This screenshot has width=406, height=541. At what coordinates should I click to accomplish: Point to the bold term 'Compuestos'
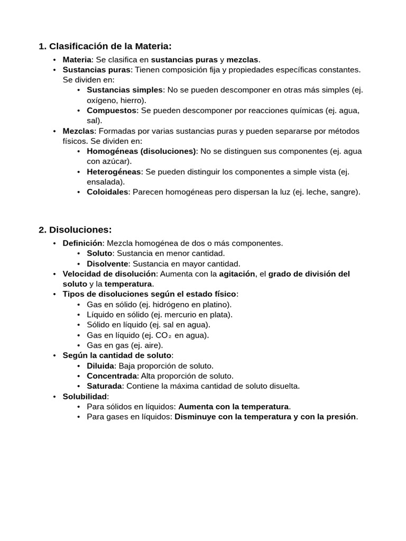112,110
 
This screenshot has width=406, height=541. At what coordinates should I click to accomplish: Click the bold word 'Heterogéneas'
114,172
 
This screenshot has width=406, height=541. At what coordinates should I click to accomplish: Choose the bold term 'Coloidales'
107,192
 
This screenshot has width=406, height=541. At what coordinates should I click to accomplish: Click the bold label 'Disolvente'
107,264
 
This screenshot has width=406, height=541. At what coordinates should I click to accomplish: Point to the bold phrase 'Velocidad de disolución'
109,274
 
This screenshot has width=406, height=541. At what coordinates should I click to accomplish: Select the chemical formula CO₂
163,335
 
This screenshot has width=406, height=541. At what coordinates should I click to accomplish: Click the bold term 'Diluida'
100,366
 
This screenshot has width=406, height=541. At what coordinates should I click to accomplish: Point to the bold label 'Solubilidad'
85,396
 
